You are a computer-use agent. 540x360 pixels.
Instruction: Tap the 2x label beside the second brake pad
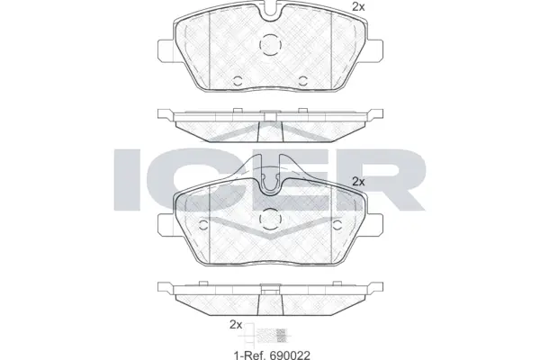pyautogui.click(x=357, y=181)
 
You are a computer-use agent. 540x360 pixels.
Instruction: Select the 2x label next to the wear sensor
pyautogui.click(x=237, y=324)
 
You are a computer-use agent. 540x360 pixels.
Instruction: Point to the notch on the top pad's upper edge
pyautogui.click(x=270, y=13)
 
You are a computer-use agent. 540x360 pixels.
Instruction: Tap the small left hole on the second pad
pyautogui.click(x=204, y=225)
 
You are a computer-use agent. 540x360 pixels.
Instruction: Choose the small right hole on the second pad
pyautogui.click(x=336, y=225)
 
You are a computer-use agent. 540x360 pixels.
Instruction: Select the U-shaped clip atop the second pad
pyautogui.click(x=270, y=179)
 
